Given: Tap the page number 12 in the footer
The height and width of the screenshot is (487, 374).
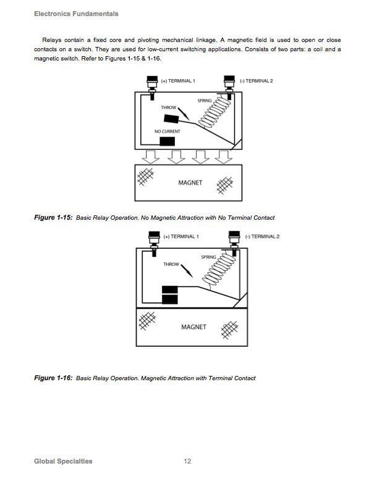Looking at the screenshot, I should click(187, 461).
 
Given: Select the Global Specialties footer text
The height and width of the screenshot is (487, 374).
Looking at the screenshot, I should click(63, 461).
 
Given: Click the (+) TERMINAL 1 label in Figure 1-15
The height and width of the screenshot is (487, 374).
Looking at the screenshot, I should click(178, 81).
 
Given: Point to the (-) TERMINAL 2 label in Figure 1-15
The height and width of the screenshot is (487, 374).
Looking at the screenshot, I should click(260, 81).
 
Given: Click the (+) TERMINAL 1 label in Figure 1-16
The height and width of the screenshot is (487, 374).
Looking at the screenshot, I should click(181, 236).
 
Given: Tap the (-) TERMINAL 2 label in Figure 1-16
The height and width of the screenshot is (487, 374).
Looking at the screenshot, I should click(262, 236).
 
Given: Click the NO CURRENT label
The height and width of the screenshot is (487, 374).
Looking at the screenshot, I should click(167, 131).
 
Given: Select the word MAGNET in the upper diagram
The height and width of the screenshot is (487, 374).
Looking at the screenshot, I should click(190, 183).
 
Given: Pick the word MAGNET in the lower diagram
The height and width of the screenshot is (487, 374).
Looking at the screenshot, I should click(193, 327).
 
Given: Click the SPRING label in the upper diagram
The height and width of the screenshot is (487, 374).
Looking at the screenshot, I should click(205, 101).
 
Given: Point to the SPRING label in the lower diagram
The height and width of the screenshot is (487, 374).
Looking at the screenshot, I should click(208, 257).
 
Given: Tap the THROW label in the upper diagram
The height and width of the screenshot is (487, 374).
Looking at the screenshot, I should click(169, 108).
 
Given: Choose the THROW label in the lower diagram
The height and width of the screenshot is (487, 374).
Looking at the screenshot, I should click(171, 264).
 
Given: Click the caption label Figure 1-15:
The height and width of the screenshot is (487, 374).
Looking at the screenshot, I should click(54, 217).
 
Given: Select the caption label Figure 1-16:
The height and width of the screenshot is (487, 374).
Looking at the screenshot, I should click(54, 378).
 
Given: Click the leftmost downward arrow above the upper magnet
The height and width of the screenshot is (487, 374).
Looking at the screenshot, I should click(150, 155).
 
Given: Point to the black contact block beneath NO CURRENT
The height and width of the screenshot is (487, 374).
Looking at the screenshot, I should click(166, 141).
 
